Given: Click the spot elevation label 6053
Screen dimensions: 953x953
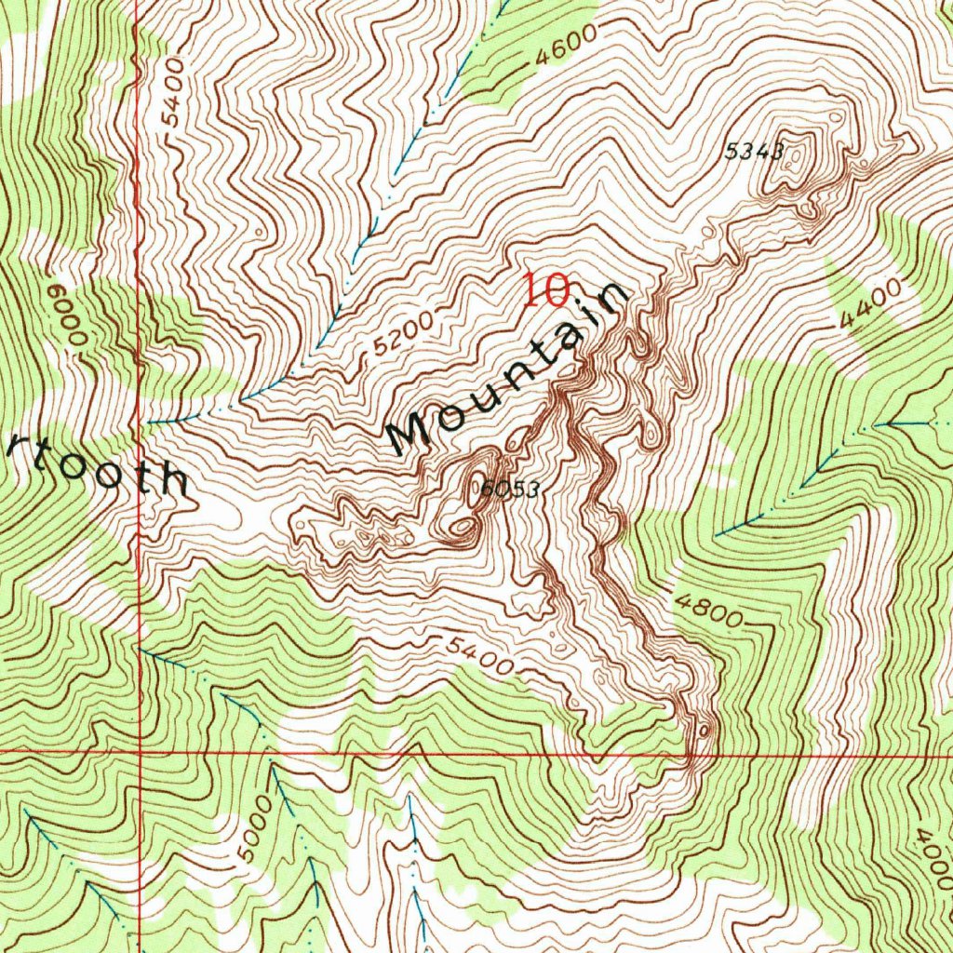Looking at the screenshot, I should click(511, 490).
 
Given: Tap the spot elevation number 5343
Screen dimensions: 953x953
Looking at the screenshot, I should click(753, 152).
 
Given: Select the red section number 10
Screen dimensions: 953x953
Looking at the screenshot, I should click(545, 290).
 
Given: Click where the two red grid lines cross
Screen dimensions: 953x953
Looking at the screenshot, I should click(140, 750).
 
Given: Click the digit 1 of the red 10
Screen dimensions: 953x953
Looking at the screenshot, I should click(530, 290).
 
